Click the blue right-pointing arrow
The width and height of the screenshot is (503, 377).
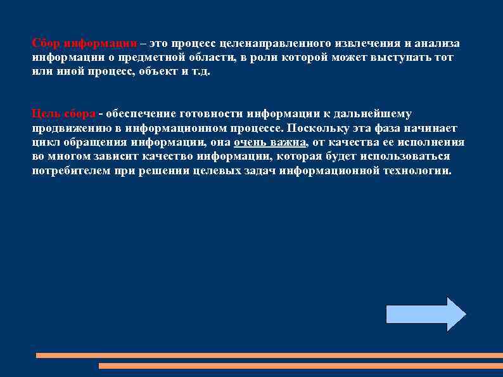pyautogui.click(x=425, y=314)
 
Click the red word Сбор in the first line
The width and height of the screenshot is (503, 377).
pyautogui.click(x=46, y=44)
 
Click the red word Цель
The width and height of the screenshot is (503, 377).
pyautogui.click(x=46, y=114)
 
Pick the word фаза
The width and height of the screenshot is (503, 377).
pyautogui.click(x=390, y=128)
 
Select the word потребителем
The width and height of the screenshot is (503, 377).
pyautogui.click(x=70, y=170)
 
